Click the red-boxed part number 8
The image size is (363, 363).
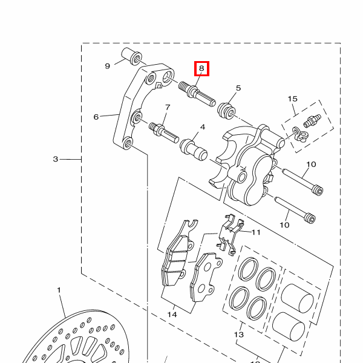tap(201, 68)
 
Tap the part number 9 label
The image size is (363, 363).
tap(108, 66)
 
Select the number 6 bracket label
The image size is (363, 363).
tap(96, 117)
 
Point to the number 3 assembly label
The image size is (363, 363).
tap(55, 159)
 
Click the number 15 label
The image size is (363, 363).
tap(292, 99)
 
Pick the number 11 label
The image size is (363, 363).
tap(256, 232)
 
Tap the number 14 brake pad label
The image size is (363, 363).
tap(172, 315)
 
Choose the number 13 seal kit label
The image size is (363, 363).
tap(239, 335)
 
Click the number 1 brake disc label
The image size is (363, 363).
tap(59, 290)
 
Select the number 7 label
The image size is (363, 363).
tap(168, 107)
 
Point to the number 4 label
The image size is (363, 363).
tap(203, 127)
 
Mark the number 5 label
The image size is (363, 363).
tap(238, 88)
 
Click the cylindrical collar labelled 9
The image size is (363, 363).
tap(132, 56)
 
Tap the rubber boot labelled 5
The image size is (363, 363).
tap(226, 111)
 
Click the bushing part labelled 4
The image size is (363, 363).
tap(194, 150)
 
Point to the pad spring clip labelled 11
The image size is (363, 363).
tap(230, 234)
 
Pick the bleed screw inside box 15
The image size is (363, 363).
tap(312, 121)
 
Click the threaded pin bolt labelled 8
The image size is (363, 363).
tap(197, 94)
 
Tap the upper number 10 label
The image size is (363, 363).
tap(311, 165)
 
